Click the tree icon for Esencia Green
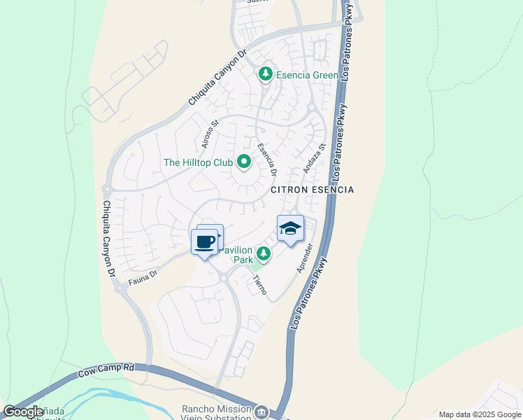click(265, 73)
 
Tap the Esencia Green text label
click(307, 75)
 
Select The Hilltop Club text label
click(198, 162)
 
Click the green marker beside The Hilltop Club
click(244, 162)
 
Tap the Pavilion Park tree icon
click(264, 253)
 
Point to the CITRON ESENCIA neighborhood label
click(313, 190)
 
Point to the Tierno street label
click(259, 283)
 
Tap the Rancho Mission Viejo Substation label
click(217, 414)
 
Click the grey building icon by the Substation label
click(262, 412)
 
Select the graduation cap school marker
click(291, 228)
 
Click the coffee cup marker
click(204, 242)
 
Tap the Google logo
click(23, 412)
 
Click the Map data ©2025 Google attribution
click(479, 414)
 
